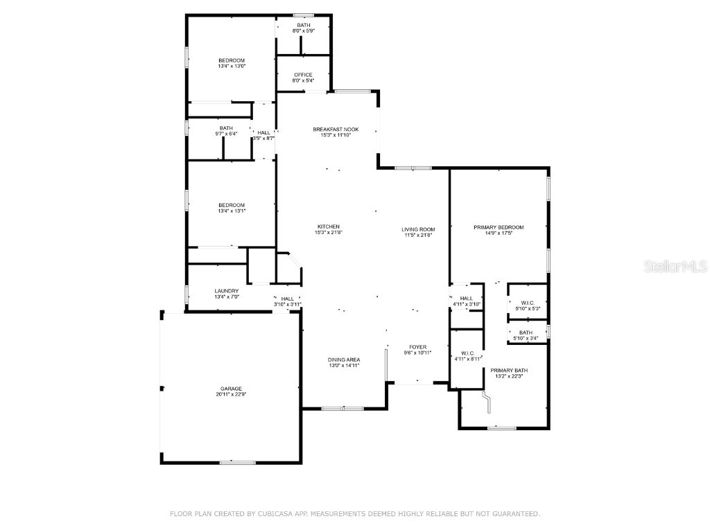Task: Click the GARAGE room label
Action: [x=232, y=389]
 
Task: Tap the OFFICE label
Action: [x=303, y=75]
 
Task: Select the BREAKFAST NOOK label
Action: [x=336, y=130]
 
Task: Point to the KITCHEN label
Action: [x=328, y=227]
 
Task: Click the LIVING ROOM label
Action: [x=417, y=229]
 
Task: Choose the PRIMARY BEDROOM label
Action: [x=499, y=227]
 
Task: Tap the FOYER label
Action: [x=417, y=347]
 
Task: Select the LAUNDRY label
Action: [x=227, y=291]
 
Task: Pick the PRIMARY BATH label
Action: [x=509, y=371]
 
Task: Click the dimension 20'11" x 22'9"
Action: [x=232, y=395]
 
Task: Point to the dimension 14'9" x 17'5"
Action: [x=499, y=233]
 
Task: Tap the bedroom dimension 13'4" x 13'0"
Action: [x=232, y=66]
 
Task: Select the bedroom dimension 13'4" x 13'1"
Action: [x=232, y=211]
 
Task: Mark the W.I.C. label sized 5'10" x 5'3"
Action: [x=526, y=303]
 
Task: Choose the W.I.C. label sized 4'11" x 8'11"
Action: [x=467, y=353]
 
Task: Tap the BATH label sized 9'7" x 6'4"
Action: [x=226, y=128]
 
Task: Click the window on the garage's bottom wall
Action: [x=237, y=462]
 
